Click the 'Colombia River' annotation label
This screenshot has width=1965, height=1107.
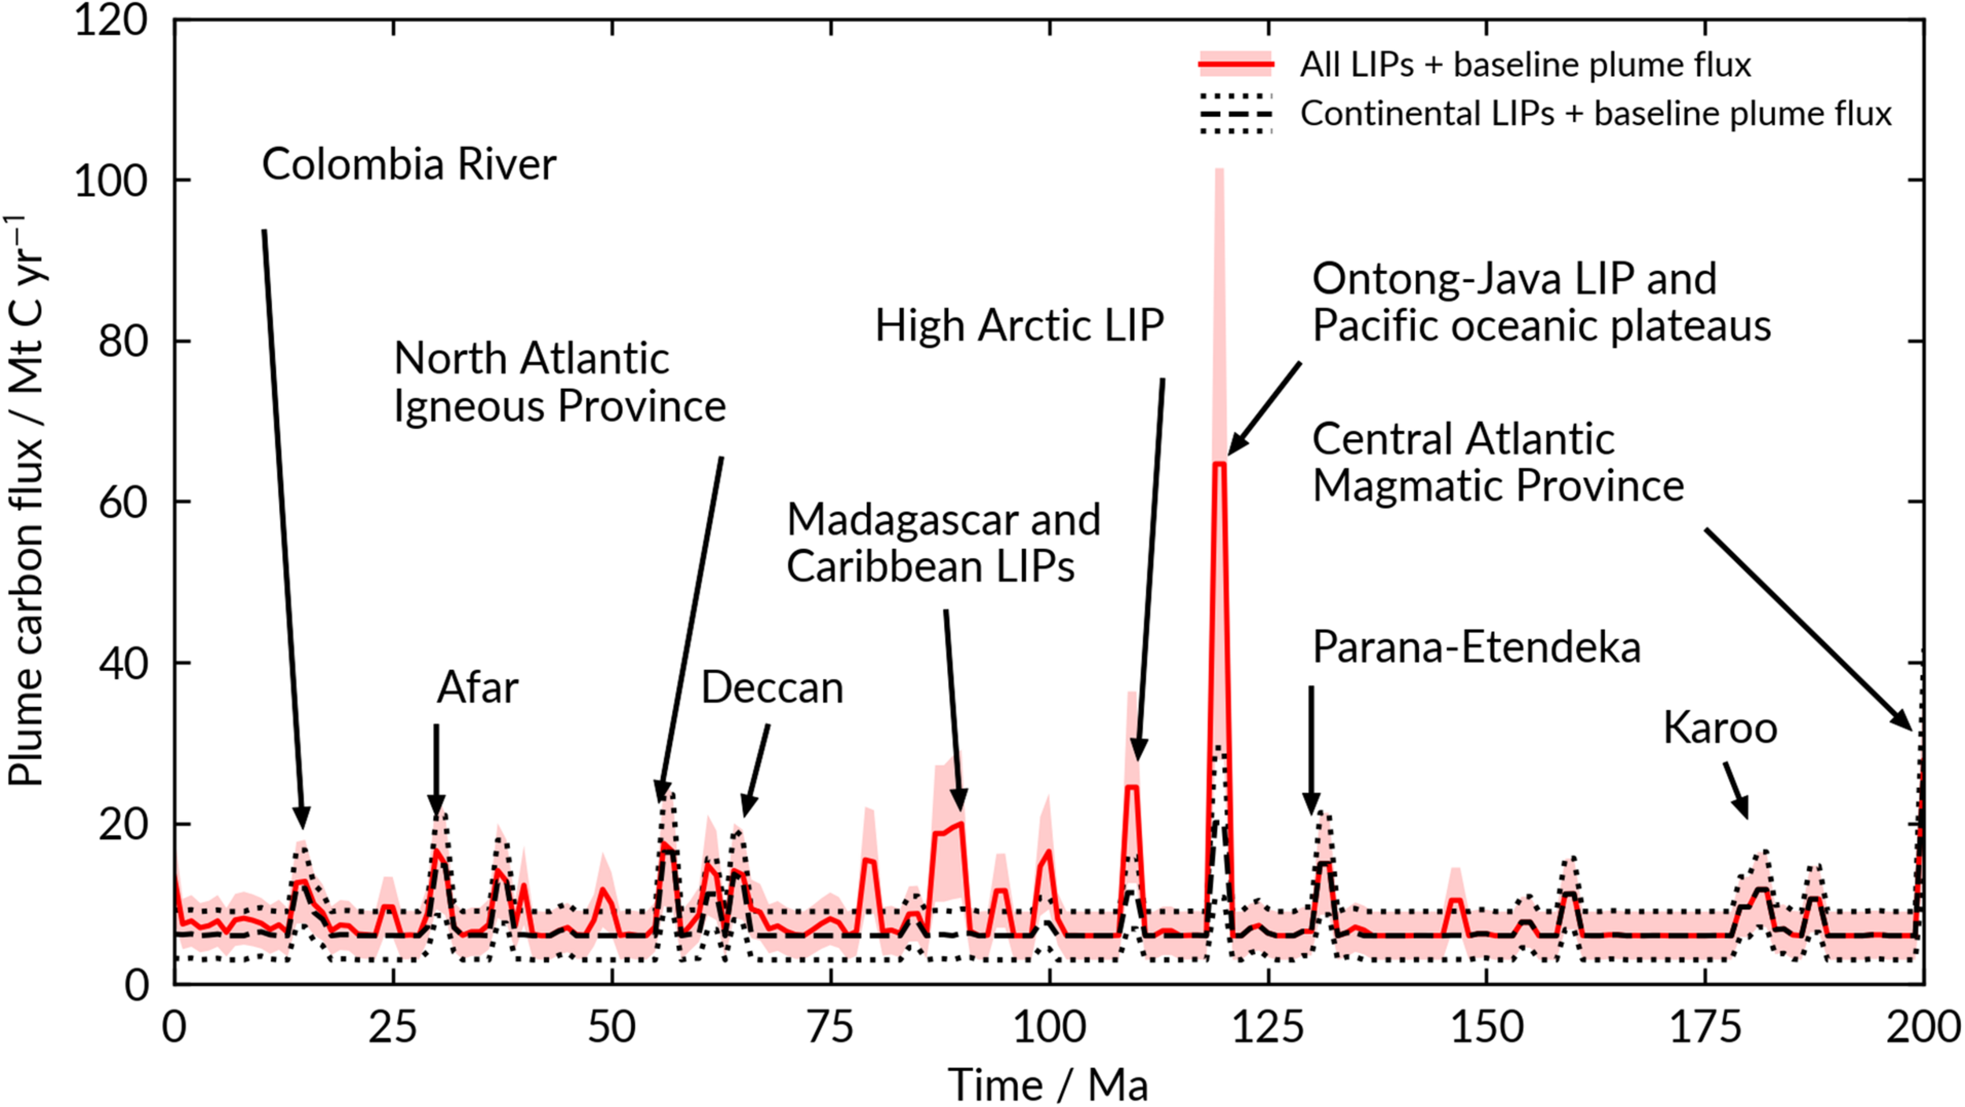[409, 165]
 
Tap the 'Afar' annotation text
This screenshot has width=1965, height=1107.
[477, 687]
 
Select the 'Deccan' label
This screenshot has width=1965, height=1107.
[772, 688]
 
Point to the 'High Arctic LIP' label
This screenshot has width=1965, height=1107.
[1019, 325]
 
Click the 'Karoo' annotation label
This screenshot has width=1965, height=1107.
[1720, 728]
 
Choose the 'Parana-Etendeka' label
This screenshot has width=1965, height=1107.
[1477, 648]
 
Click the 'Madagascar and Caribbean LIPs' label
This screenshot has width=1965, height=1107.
[943, 543]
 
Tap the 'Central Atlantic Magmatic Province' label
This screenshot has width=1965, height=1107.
[1498, 462]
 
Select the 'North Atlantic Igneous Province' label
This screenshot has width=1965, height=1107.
[560, 383]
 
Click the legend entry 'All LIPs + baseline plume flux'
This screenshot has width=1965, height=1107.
[1525, 64]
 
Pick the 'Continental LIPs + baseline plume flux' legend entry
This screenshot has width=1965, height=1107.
[1596, 114]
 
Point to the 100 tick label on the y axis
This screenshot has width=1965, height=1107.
[111, 181]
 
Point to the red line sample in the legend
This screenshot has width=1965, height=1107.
[1236, 64]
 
